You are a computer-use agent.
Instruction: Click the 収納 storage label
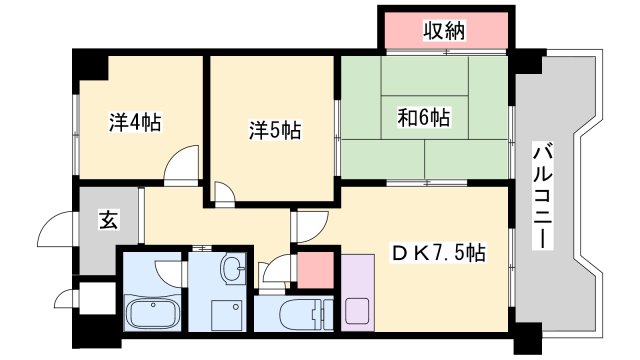click(x=444, y=30)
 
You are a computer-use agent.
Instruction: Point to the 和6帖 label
click(x=425, y=117)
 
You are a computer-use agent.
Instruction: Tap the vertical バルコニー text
click(x=544, y=196)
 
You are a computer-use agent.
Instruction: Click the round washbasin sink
click(x=232, y=270)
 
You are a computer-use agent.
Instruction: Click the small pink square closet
click(x=315, y=269)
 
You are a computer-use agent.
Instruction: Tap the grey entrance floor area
click(x=100, y=235)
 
